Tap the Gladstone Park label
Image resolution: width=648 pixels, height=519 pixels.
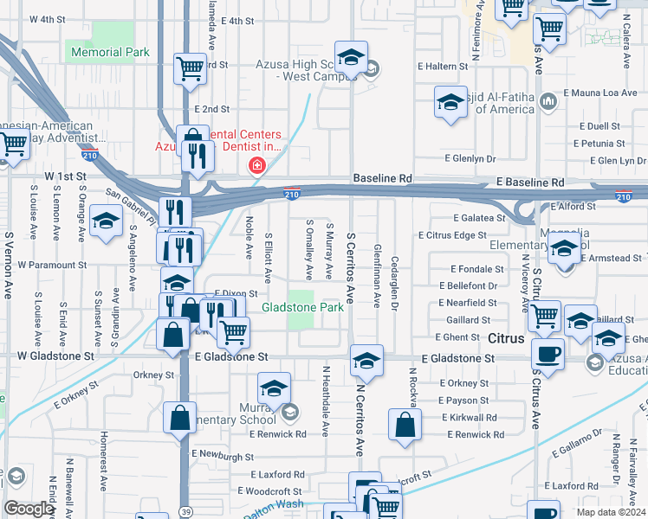pyautogui.click(x=302, y=307)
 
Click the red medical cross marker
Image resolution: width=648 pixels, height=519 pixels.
pyautogui.click(x=256, y=165)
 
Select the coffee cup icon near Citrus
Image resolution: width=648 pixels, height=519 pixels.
pyautogui.click(x=547, y=353)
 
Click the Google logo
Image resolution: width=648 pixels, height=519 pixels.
pyautogui.click(x=29, y=509)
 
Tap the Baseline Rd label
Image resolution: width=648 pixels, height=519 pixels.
pyautogui.click(x=382, y=178)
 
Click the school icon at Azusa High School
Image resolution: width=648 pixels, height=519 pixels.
pyautogui.click(x=350, y=59)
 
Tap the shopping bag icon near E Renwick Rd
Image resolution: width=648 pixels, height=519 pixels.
pyautogui.click(x=405, y=425)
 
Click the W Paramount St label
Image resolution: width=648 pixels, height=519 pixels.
pyautogui.click(x=52, y=265)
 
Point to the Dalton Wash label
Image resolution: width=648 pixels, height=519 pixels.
pyautogui.click(x=273, y=509)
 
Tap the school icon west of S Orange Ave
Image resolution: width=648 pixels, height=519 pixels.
pyautogui.click(x=106, y=222)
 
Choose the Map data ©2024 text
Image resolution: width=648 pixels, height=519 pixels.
pyautogui.click(x=610, y=512)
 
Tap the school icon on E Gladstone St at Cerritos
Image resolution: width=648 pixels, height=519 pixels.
pyautogui.click(x=366, y=360)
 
